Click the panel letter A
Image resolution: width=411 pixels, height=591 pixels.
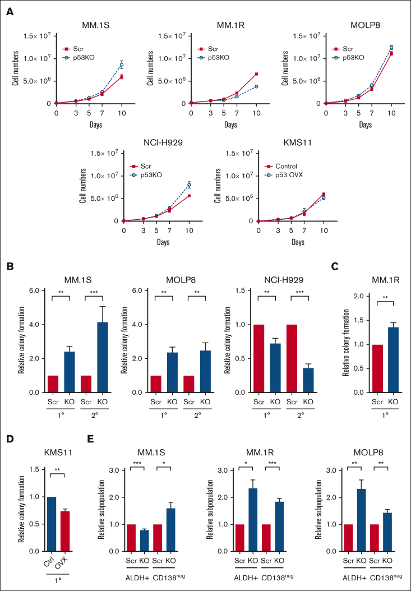[10, 11]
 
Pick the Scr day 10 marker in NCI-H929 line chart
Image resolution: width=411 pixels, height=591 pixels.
[189, 196]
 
